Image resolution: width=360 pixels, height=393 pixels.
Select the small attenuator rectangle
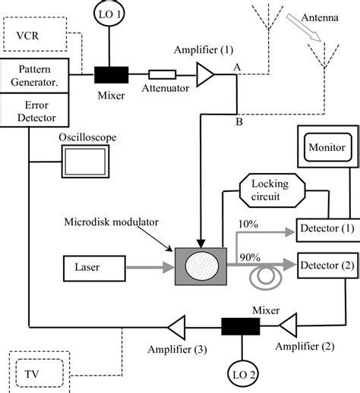tap(162, 75)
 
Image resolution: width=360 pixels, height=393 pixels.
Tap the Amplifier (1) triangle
tap(204, 74)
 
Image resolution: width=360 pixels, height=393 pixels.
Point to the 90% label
tap(248, 257)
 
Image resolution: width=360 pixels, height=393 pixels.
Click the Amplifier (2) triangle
tap(292, 326)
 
